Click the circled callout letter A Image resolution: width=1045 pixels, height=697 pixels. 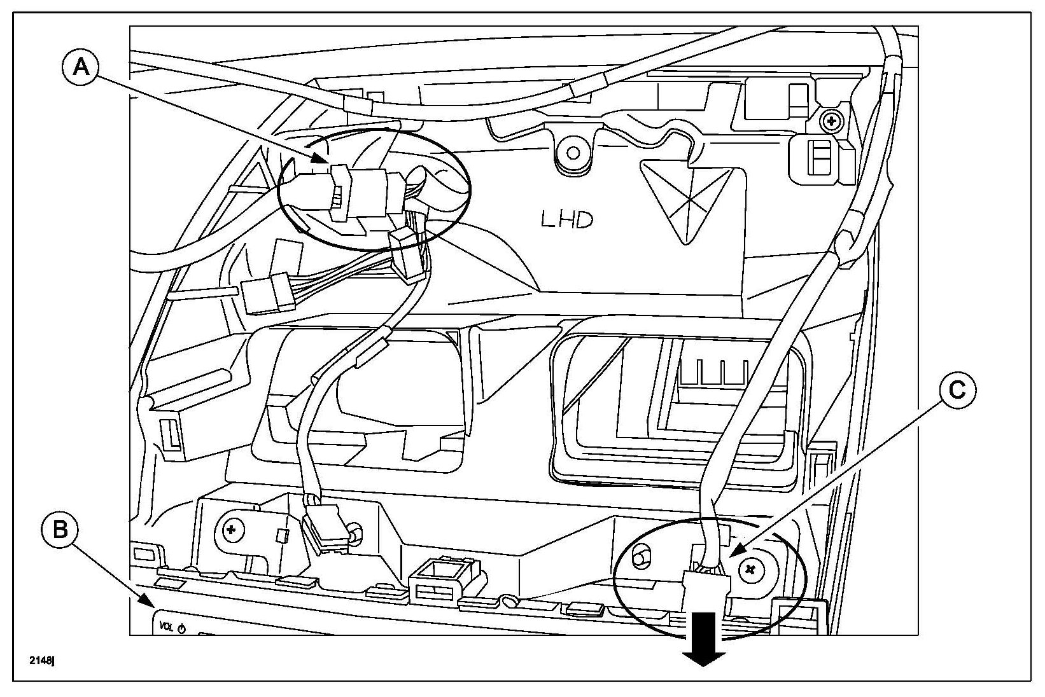click(x=81, y=66)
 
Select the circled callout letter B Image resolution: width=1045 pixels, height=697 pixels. click(x=60, y=529)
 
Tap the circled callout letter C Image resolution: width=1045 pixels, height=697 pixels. click(x=957, y=390)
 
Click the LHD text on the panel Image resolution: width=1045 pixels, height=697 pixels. click(x=567, y=220)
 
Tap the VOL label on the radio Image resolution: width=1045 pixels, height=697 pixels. click(x=166, y=627)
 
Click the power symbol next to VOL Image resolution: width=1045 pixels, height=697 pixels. click(x=181, y=629)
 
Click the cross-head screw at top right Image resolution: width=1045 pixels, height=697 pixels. click(x=831, y=119)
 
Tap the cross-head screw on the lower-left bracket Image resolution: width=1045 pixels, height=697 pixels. click(x=231, y=529)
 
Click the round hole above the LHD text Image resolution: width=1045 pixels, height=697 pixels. click(x=572, y=153)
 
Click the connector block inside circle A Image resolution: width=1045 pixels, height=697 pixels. click(x=360, y=194)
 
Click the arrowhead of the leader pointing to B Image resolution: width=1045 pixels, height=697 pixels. click(x=147, y=602)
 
